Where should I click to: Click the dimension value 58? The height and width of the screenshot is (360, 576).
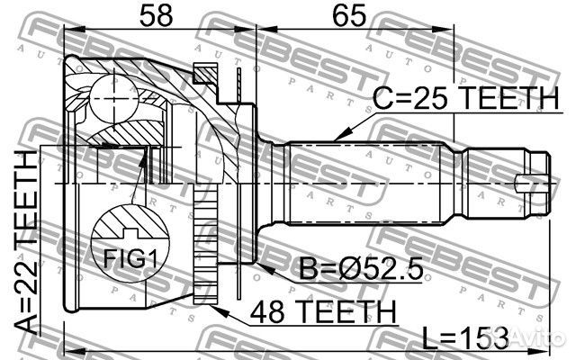(x=157, y=15)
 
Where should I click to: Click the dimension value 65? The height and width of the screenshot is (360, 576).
(x=349, y=15)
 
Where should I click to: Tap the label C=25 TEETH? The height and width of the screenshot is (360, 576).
(x=465, y=98)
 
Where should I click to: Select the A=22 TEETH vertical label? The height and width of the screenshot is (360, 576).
(x=26, y=243)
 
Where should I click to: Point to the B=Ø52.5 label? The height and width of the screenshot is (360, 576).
(x=361, y=268)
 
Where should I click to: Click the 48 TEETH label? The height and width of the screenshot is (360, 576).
(x=323, y=311)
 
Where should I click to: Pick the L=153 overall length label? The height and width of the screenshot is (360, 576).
(x=465, y=338)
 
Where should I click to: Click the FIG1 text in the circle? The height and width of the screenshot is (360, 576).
(x=130, y=258)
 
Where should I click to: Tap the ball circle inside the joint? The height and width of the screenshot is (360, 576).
(x=114, y=98)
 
